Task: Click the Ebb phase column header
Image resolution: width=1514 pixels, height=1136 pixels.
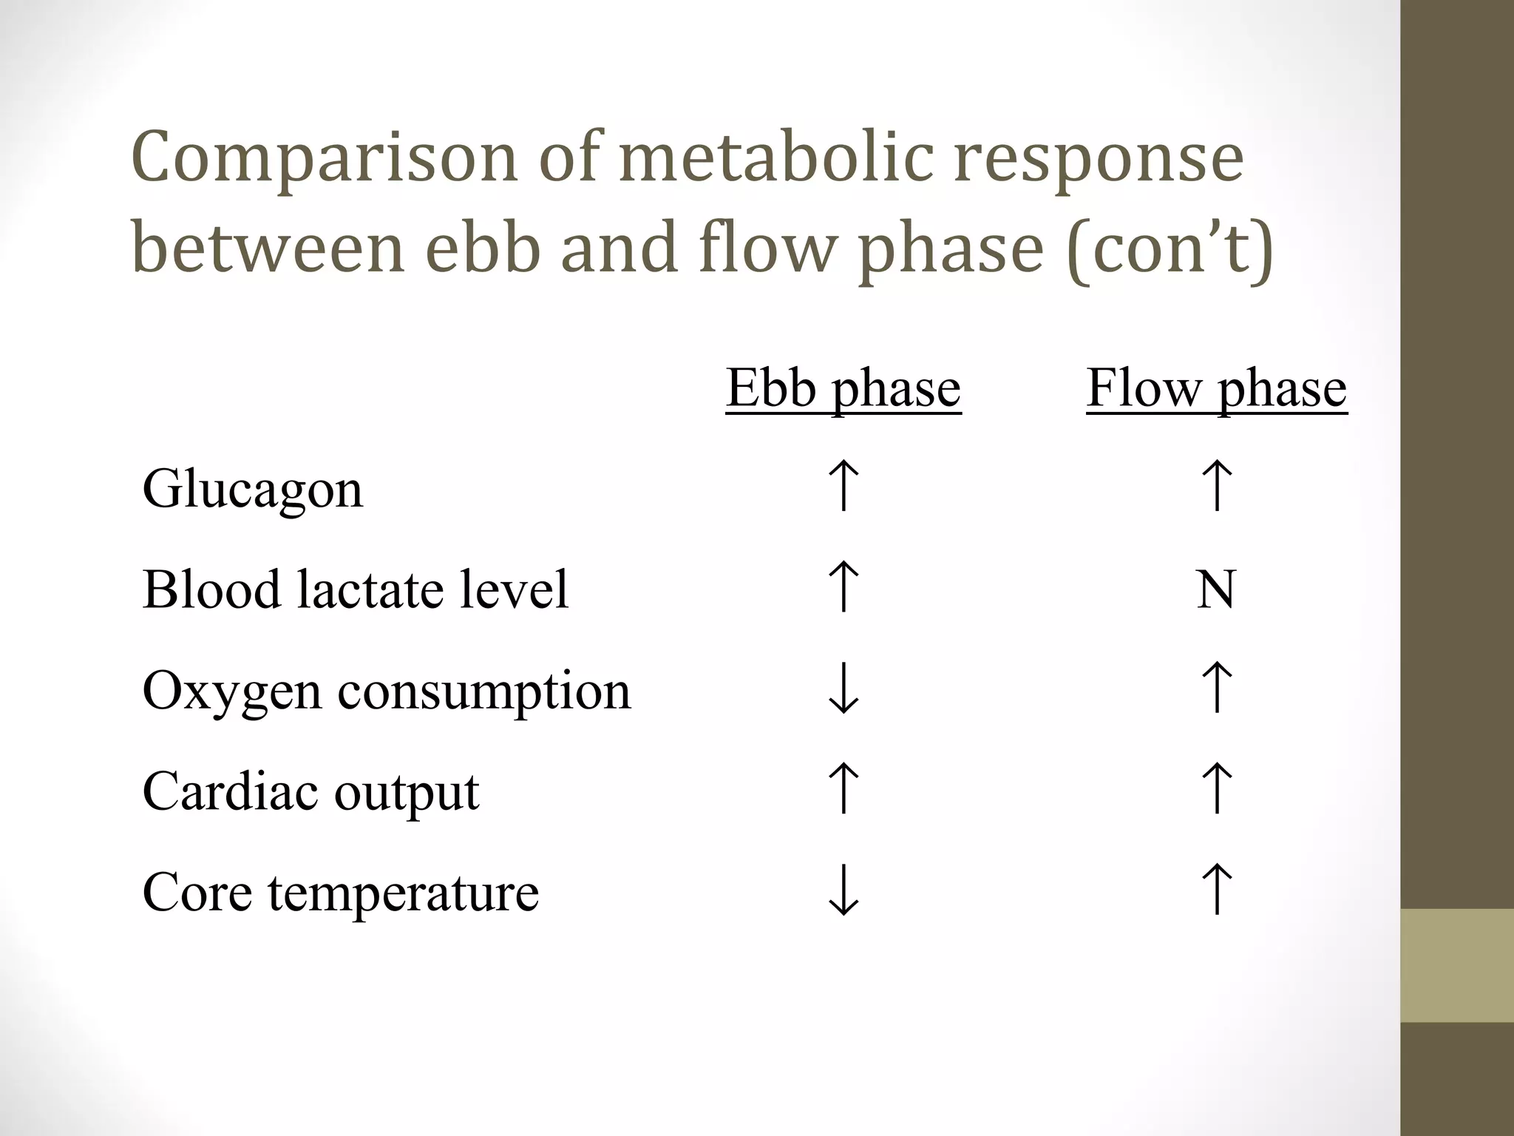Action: click(x=843, y=388)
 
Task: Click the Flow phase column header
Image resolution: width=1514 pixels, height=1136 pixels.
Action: click(x=1217, y=388)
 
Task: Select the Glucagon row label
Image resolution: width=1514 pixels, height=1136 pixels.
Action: click(x=253, y=490)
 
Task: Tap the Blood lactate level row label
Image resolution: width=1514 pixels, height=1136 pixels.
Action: click(x=356, y=589)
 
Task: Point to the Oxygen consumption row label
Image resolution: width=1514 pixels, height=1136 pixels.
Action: click(x=387, y=691)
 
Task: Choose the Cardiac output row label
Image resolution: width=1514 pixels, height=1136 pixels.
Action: click(x=310, y=792)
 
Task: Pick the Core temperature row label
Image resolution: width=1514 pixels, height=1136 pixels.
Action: click(x=341, y=893)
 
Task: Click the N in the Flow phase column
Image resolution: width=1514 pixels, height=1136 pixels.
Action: click(x=1216, y=589)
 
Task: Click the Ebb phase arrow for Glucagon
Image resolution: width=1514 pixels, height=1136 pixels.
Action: click(x=843, y=486)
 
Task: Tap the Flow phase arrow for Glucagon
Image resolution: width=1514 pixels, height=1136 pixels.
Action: click(x=1217, y=486)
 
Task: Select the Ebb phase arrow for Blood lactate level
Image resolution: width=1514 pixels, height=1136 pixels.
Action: click(x=843, y=586)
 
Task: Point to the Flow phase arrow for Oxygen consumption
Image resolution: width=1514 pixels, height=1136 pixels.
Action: click(x=1217, y=688)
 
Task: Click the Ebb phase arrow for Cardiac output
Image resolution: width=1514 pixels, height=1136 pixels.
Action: click(x=843, y=788)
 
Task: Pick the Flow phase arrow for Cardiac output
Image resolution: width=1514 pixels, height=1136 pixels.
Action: click(x=1217, y=788)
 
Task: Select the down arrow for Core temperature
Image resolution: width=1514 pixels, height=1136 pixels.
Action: click(x=843, y=891)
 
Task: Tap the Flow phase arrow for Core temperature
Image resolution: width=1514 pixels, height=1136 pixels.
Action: click(x=1217, y=890)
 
